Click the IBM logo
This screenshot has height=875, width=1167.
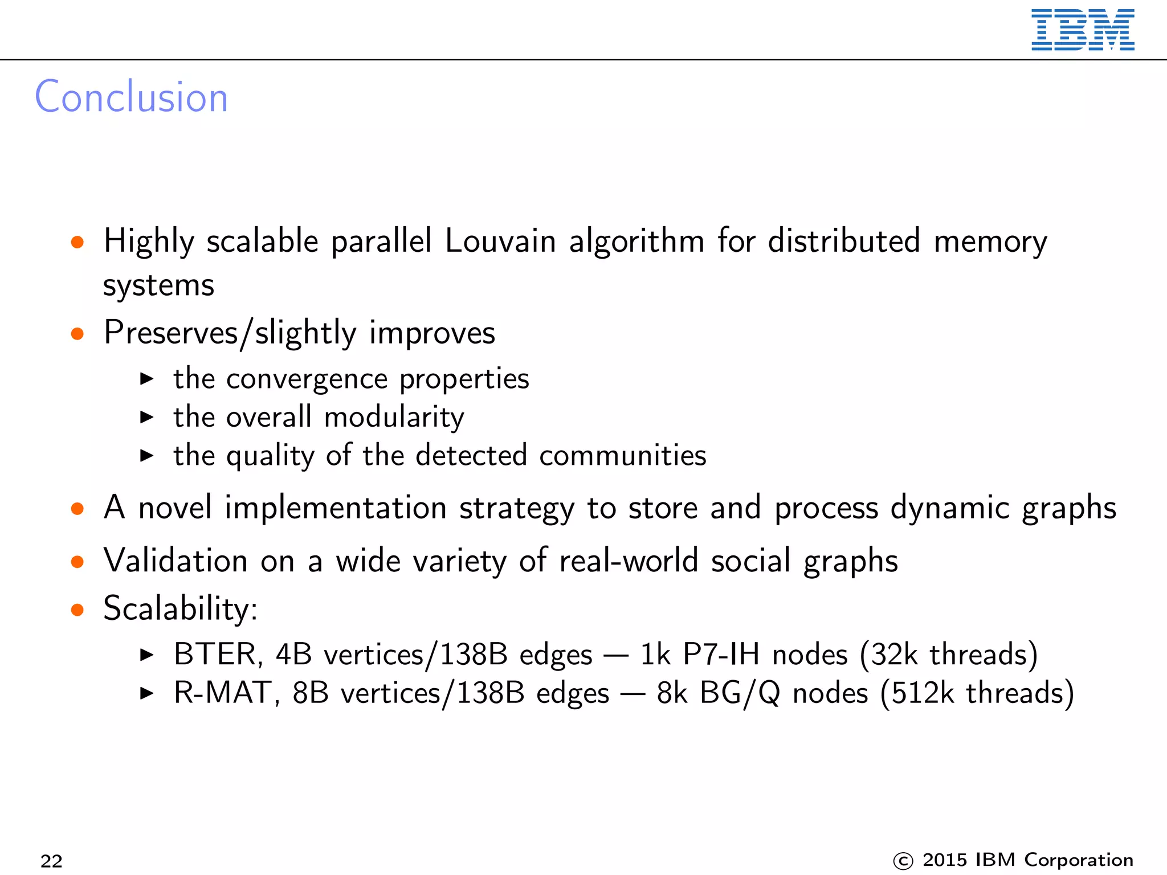pyautogui.click(x=1082, y=30)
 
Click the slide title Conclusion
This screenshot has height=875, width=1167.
pyautogui.click(x=132, y=97)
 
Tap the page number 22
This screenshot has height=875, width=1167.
pyautogui.click(x=51, y=861)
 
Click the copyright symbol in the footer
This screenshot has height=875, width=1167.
pyautogui.click(x=903, y=861)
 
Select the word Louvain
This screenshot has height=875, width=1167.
pyautogui.click(x=500, y=241)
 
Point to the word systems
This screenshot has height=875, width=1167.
pyautogui.click(x=158, y=285)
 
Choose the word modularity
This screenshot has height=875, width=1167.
pyautogui.click(x=394, y=418)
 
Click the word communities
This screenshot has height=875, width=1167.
pyautogui.click(x=622, y=456)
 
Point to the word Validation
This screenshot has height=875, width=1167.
pyautogui.click(x=176, y=561)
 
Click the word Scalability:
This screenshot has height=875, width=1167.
pyautogui.click(x=180, y=609)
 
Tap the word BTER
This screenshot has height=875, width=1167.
pyautogui.click(x=218, y=655)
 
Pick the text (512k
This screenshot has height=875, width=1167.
pyautogui.click(x=917, y=693)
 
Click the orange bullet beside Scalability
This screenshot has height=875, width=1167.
pyautogui.click(x=77, y=610)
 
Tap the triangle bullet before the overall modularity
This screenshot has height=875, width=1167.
pyautogui.click(x=147, y=418)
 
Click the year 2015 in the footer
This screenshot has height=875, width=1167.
pyautogui.click(x=946, y=860)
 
